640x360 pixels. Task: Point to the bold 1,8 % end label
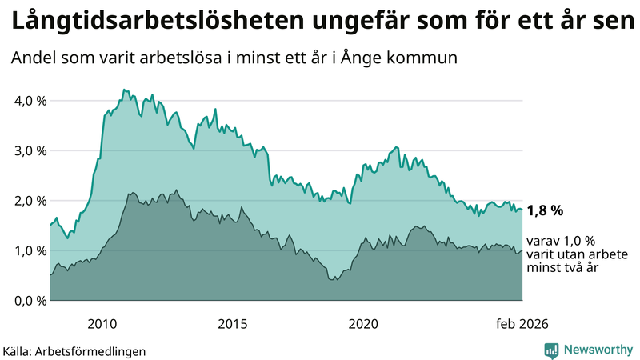tap(545, 211)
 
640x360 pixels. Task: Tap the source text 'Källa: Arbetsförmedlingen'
tap(74, 350)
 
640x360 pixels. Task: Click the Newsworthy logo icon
tap(551, 350)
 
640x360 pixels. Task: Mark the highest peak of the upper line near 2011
tap(124, 90)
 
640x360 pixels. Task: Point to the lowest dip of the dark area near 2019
tap(334, 280)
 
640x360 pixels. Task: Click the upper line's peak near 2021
tap(397, 148)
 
